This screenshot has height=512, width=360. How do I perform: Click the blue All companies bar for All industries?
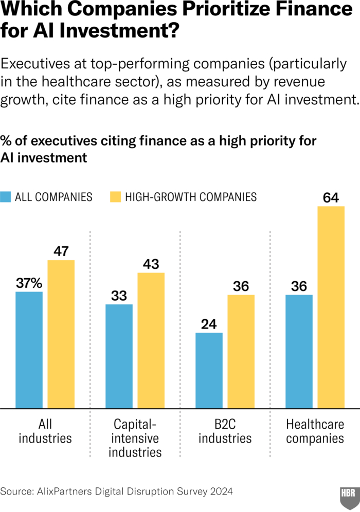click(29, 350)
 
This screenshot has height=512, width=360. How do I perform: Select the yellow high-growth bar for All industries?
click(61, 334)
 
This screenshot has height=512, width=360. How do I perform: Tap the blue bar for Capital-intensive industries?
click(119, 356)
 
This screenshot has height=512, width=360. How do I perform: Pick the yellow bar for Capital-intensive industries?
click(151, 340)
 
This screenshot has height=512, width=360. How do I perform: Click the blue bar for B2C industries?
click(209, 371)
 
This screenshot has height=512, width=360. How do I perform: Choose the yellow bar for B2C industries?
click(241, 352)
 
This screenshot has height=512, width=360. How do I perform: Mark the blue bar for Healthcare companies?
click(299, 352)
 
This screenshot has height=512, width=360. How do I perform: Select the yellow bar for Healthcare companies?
click(331, 307)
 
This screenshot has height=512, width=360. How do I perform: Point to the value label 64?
click(331, 197)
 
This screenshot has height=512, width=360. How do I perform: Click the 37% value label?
click(29, 283)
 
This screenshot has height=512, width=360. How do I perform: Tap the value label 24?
click(209, 324)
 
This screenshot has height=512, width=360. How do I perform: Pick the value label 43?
click(151, 264)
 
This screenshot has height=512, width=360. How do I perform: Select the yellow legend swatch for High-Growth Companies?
click(116, 197)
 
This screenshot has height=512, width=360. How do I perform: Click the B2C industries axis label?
click(225, 432)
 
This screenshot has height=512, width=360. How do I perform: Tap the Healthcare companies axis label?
click(315, 432)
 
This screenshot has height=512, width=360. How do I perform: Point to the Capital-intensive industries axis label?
click(135, 438)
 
